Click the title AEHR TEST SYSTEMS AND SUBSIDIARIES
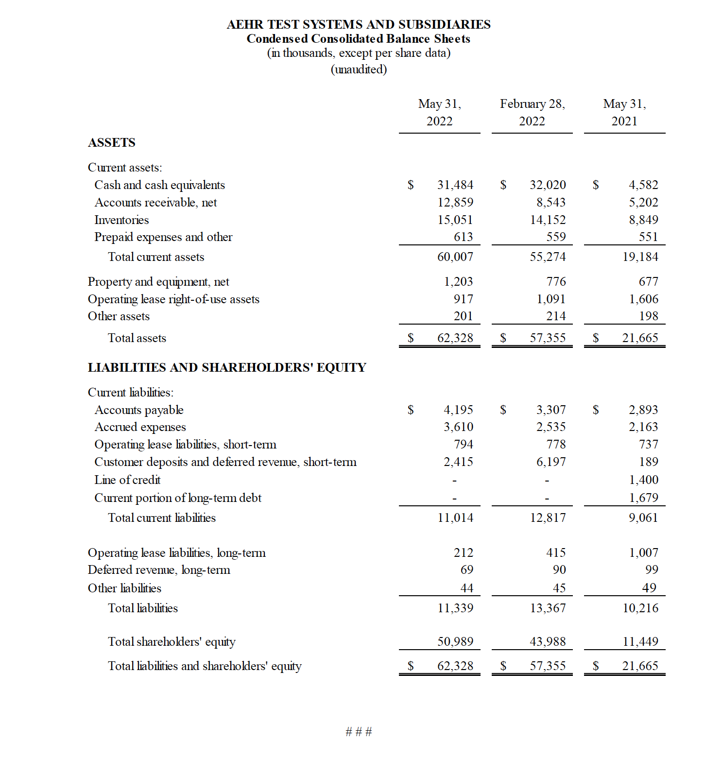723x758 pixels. (x=359, y=24)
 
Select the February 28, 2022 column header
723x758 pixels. (x=532, y=112)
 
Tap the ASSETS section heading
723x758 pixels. (x=112, y=142)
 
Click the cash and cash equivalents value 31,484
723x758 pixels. (x=455, y=185)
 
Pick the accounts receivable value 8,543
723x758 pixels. (x=551, y=202)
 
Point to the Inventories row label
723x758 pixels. (x=121, y=220)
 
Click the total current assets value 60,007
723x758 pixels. (x=455, y=257)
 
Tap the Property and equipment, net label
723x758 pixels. (x=158, y=282)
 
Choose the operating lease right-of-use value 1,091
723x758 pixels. (x=551, y=299)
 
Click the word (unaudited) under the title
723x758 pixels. (x=359, y=69)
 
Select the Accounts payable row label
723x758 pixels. (x=139, y=410)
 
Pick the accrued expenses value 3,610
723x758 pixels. (x=458, y=427)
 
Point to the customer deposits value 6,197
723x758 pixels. (x=551, y=462)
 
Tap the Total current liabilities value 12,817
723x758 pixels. (x=548, y=517)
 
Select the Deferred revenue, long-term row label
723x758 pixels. (x=159, y=569)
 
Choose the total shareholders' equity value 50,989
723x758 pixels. (x=455, y=641)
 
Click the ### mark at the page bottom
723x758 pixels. (x=359, y=732)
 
